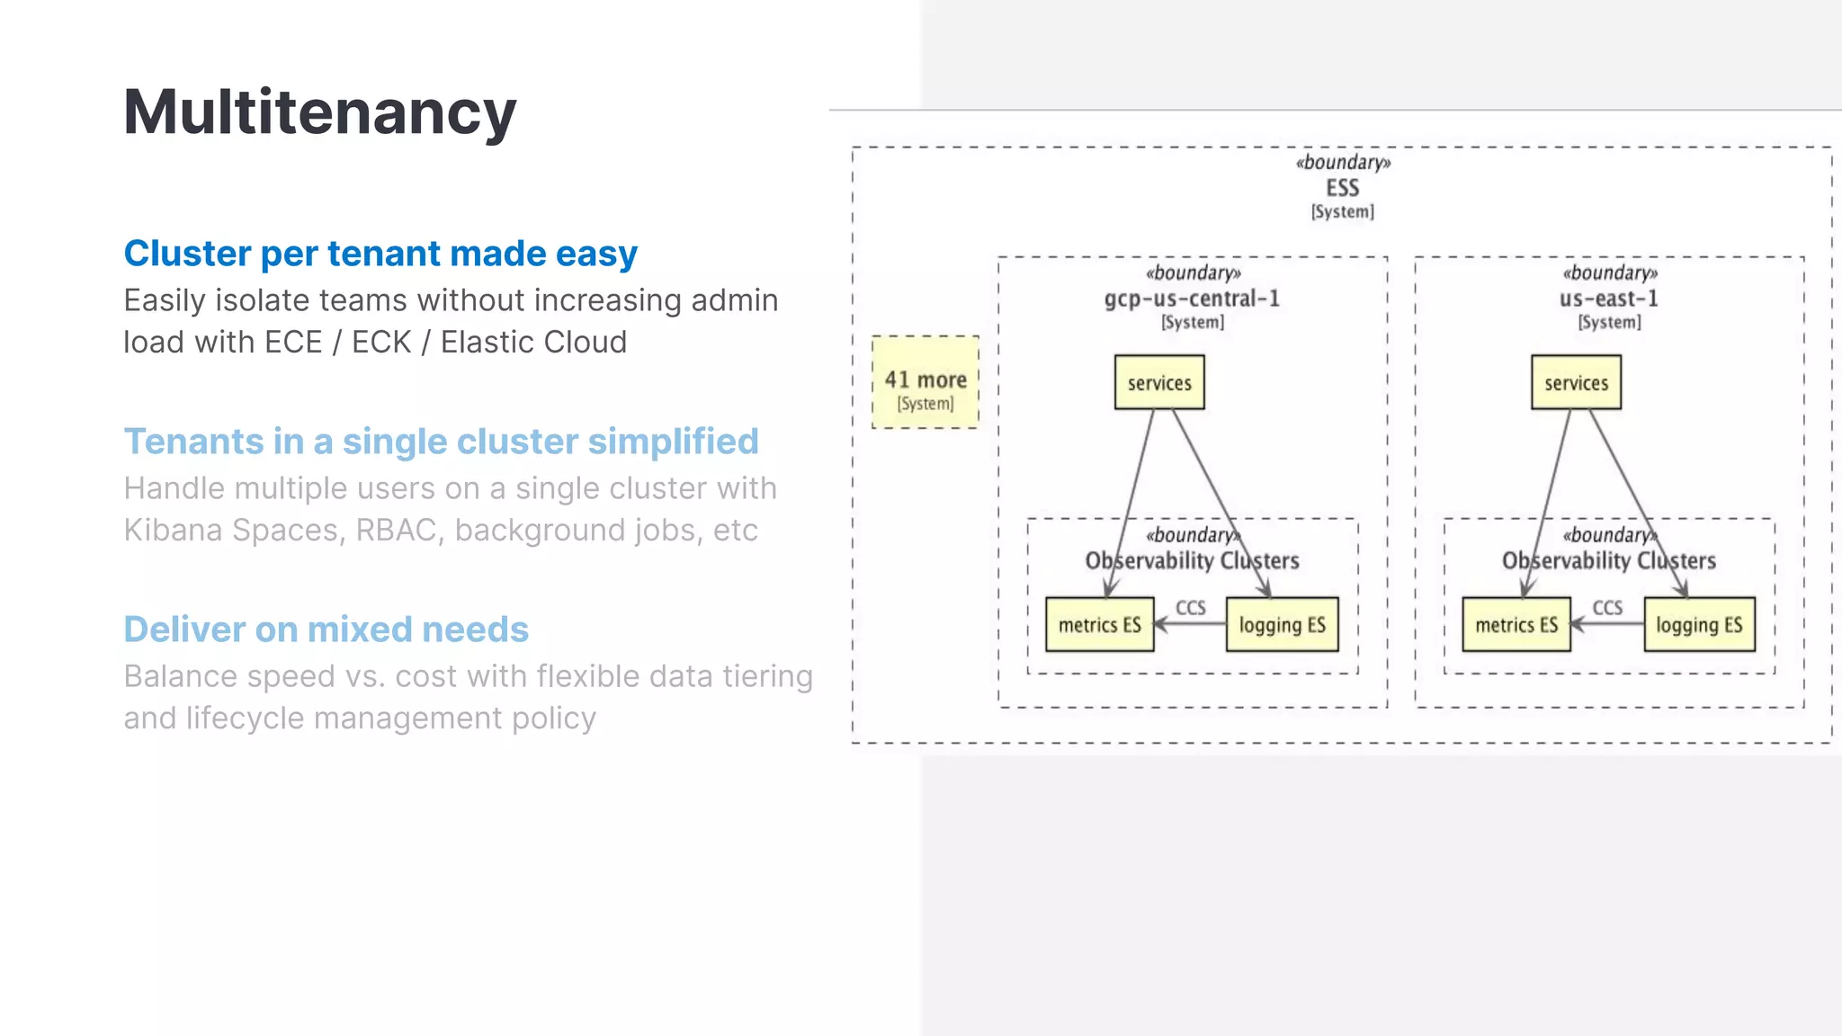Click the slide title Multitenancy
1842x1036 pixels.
point(319,112)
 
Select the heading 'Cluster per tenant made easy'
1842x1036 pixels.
point(380,254)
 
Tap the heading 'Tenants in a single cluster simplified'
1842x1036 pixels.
point(441,442)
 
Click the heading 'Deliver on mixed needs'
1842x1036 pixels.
point(326,630)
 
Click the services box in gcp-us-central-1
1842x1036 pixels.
point(1159,382)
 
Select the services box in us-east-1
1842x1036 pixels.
point(1576,382)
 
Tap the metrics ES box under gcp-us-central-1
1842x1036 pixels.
point(1099,624)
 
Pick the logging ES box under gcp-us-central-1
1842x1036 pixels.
point(1282,624)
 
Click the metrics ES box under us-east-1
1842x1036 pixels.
point(1516,624)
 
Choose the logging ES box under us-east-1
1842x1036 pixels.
point(1699,624)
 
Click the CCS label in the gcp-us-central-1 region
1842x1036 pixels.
point(1191,608)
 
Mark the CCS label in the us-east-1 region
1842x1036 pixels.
point(1607,608)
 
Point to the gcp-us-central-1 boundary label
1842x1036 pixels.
point(1192,299)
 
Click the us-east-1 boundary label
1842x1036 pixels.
point(1609,299)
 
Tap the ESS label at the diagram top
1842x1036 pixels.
point(1342,188)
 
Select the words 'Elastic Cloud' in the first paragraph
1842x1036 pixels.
point(533,343)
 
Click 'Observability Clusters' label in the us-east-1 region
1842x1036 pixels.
point(1609,561)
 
